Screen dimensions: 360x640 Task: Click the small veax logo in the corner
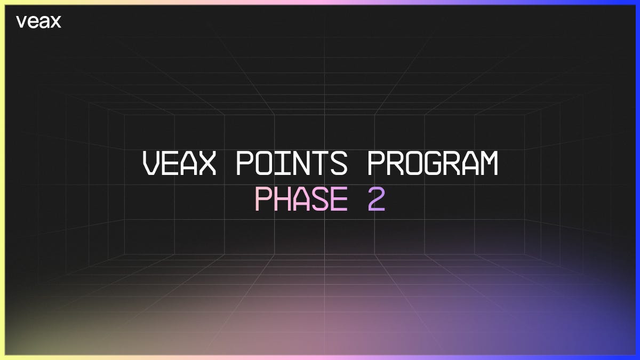(x=38, y=22)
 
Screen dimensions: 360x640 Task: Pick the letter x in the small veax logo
(x=55, y=22)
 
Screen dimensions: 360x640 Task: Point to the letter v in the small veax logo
(x=21, y=22)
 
